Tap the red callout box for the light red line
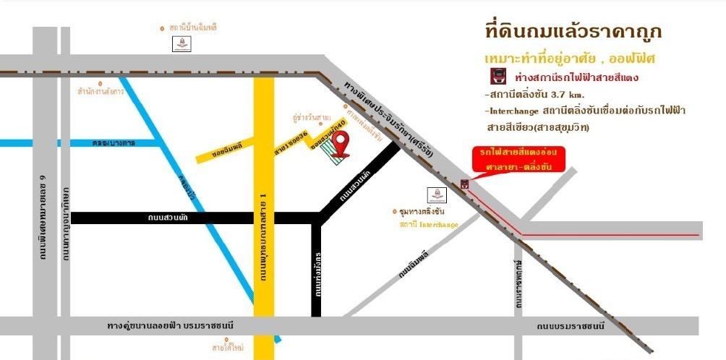coord(516,160)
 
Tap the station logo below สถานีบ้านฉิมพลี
coord(181,44)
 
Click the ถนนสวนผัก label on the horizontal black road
coord(168,217)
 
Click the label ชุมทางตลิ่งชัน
coord(422,212)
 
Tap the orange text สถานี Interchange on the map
coord(429,225)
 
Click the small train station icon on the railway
coord(464,184)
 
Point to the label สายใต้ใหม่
coord(227,348)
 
